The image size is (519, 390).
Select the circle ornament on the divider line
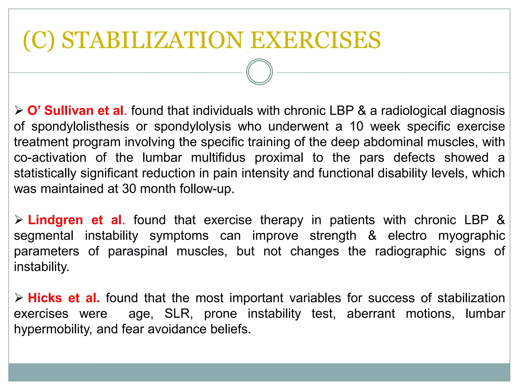[259, 72]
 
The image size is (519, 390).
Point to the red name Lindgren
[55, 220]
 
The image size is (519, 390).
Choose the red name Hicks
[45, 298]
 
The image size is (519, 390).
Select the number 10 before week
[356, 126]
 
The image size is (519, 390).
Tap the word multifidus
[218, 158]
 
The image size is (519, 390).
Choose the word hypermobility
[53, 330]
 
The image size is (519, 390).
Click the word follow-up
[207, 189]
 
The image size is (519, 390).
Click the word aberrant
[371, 314]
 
